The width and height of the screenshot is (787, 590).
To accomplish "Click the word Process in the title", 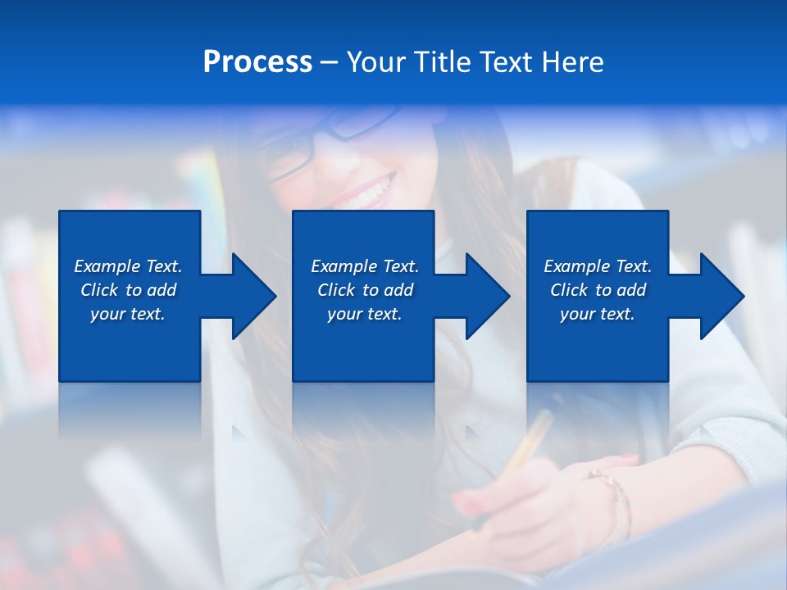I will pos(257,62).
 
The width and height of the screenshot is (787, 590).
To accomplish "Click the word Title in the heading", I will pos(441,62).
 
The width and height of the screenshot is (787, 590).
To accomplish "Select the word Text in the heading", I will pos(507,62).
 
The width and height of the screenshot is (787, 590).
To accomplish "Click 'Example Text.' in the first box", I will pos(128,266).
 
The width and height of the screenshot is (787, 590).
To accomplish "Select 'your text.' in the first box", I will pos(128,314).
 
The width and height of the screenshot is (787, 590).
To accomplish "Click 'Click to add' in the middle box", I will pos(365,290).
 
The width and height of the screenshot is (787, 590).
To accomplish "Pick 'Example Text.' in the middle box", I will pos(365,266).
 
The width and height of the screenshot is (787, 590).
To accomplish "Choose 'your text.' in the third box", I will pos(598,314).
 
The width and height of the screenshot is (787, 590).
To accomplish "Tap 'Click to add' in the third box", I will pos(598,290).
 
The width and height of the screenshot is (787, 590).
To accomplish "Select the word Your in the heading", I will pos(378,62).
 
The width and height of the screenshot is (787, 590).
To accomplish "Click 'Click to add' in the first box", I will pos(128,290).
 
